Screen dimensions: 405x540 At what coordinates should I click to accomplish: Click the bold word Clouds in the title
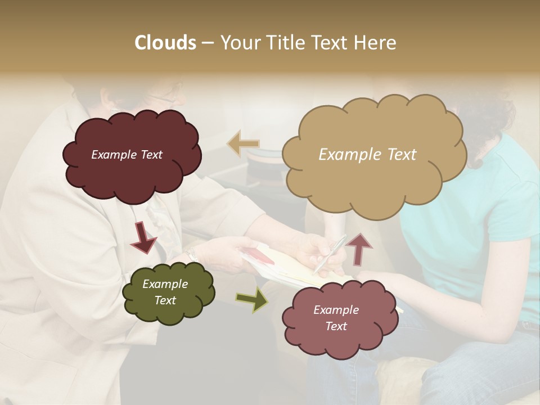(165, 43)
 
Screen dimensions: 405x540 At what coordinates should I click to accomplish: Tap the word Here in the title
(376, 43)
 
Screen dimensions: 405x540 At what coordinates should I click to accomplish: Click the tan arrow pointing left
(243, 143)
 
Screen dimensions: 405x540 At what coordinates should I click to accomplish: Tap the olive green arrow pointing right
(251, 300)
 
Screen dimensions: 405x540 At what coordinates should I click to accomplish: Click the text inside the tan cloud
(367, 155)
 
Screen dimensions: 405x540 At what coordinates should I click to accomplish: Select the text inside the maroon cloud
(127, 155)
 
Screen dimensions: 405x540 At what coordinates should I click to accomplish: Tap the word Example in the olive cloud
(165, 284)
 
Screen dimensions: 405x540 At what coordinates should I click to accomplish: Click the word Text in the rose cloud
(336, 326)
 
